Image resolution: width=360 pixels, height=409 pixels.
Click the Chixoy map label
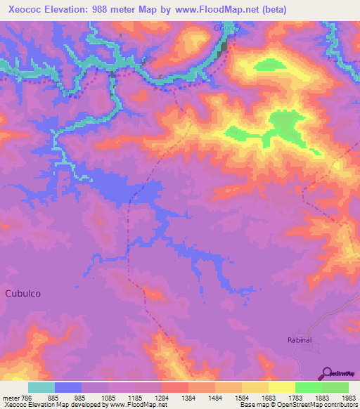[226, 29]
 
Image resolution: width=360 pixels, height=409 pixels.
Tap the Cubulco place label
[25, 293]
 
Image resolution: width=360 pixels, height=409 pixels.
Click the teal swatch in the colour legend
[41, 387]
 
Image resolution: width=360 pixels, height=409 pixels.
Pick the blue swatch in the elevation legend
[68, 387]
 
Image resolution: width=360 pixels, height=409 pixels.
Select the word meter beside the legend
[12, 398]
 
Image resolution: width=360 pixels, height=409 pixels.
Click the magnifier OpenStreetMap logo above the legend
[326, 374]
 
